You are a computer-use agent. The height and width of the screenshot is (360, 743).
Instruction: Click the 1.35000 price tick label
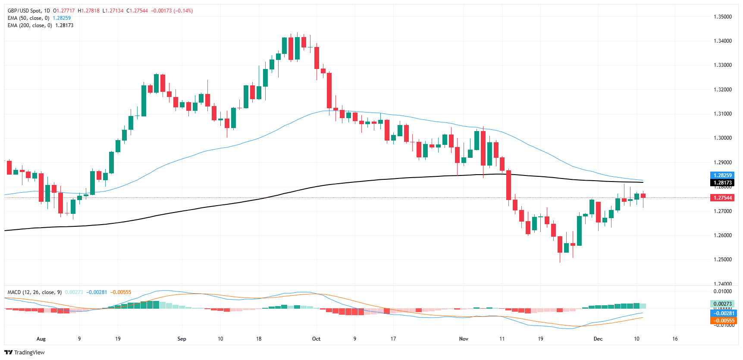pyautogui.click(x=722, y=17)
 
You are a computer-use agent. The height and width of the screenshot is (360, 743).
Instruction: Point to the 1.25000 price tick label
pyautogui.click(x=722, y=260)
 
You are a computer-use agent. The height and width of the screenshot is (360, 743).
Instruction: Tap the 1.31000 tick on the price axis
pyautogui.click(x=722, y=114)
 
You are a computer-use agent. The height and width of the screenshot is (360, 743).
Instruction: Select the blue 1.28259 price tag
pyautogui.click(x=722, y=175)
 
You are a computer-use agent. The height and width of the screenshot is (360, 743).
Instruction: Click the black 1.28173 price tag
pyautogui.click(x=722, y=183)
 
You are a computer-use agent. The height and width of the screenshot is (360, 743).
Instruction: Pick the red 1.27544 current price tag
pyautogui.click(x=722, y=198)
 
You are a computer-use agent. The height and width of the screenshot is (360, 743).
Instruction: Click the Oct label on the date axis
pyautogui.click(x=316, y=339)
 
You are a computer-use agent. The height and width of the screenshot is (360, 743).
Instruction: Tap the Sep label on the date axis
pyautogui.click(x=182, y=339)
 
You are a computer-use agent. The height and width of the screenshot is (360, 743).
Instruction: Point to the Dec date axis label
pyautogui.click(x=598, y=339)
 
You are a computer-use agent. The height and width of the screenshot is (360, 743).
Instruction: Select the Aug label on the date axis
pyautogui.click(x=41, y=339)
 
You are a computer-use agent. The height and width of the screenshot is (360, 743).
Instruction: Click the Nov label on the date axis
pyautogui.click(x=464, y=339)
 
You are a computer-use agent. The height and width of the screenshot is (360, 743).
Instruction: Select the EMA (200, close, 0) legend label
pyautogui.click(x=30, y=25)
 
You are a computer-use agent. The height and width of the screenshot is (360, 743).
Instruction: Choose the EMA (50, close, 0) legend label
pyautogui.click(x=28, y=18)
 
